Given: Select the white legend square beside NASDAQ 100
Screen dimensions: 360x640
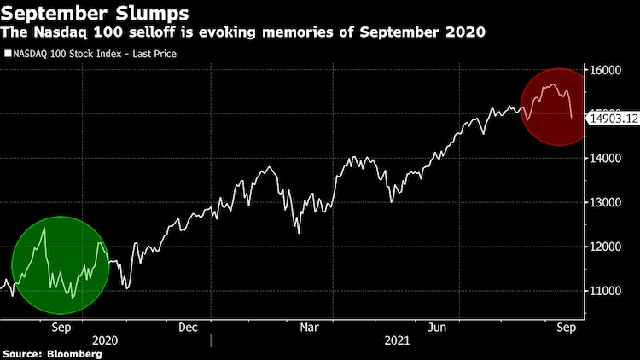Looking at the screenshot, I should point(8,54).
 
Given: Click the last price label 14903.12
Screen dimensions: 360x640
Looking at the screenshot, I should point(614,119).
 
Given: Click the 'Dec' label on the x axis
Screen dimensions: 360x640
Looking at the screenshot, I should point(189,327).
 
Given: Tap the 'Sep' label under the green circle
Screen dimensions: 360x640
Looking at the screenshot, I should point(61,327).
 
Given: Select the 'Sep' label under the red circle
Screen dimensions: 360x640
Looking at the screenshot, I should point(564,327).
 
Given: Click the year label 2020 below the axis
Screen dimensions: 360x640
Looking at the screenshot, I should point(102,340).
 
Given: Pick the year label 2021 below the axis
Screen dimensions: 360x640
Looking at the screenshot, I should point(397,340).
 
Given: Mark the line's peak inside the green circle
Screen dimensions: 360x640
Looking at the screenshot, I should point(44,228).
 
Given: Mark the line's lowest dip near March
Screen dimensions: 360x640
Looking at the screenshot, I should point(299,232).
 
